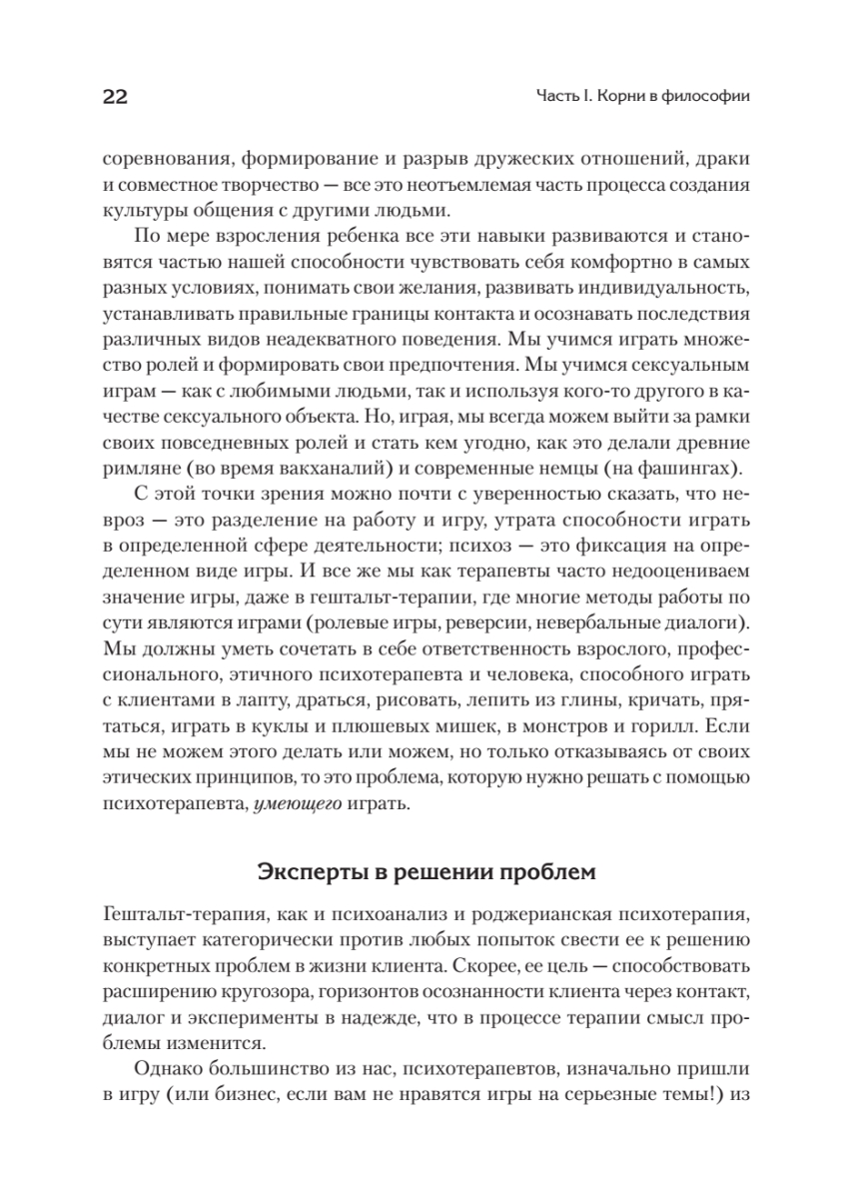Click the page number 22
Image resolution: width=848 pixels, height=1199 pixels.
pos(111,97)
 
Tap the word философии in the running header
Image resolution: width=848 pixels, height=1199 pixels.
pos(706,97)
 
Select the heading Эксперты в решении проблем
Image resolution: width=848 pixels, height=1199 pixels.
pos(426,871)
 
